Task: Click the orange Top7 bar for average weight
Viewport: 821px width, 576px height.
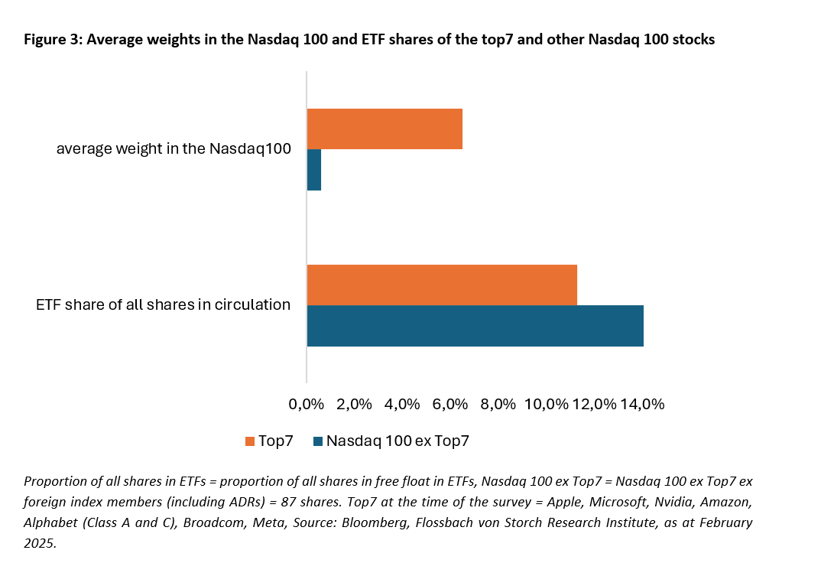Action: pyautogui.click(x=385, y=129)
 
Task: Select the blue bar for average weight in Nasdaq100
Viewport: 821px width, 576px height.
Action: pyautogui.click(x=314, y=169)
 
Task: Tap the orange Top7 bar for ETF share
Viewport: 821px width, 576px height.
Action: pyautogui.click(x=442, y=285)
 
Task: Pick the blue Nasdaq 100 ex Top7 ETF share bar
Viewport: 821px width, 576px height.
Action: pyautogui.click(x=475, y=326)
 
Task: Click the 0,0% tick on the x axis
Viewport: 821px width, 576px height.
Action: pyautogui.click(x=307, y=404)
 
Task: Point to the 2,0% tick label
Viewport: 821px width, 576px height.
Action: pyautogui.click(x=354, y=404)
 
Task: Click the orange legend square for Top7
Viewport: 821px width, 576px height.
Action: pyautogui.click(x=249, y=441)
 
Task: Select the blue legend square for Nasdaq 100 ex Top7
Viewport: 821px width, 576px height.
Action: pyautogui.click(x=318, y=441)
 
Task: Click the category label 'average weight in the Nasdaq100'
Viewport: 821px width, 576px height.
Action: pyautogui.click(x=174, y=149)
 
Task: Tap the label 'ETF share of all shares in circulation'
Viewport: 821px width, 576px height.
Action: pyautogui.click(x=163, y=305)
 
